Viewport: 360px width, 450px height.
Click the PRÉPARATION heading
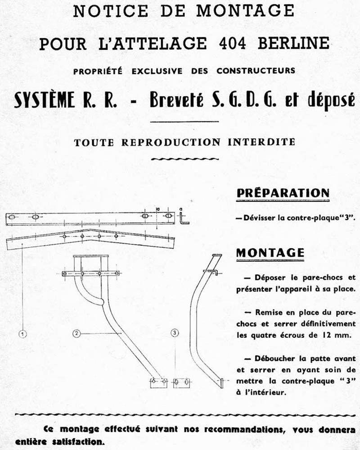(x=283, y=193)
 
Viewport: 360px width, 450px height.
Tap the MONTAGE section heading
(x=270, y=253)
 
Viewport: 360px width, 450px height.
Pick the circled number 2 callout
(x=77, y=333)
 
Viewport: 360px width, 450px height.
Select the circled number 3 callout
(x=175, y=333)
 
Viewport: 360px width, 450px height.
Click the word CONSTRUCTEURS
(x=256, y=71)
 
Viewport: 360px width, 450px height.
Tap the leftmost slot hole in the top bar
(x=13, y=218)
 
